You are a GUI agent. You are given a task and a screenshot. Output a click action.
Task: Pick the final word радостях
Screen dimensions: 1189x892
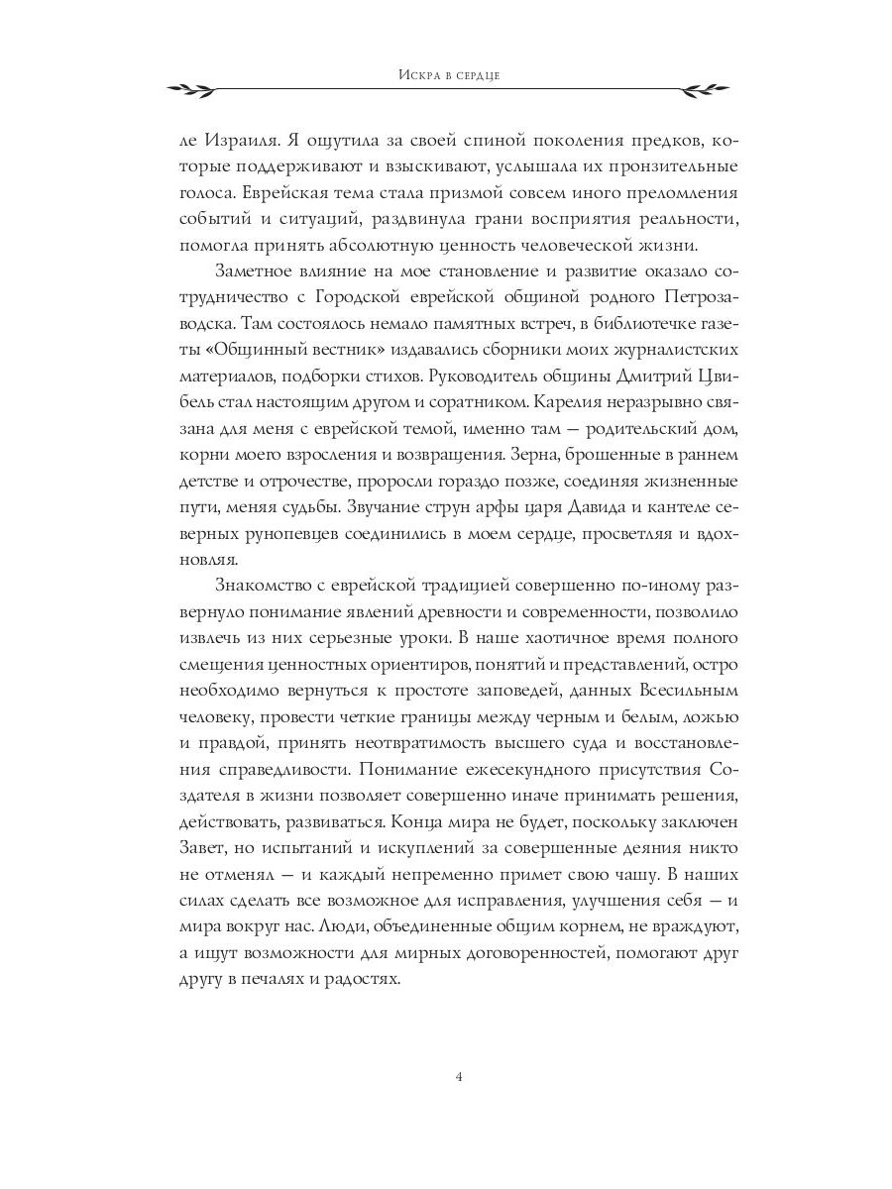pos(364,977)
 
